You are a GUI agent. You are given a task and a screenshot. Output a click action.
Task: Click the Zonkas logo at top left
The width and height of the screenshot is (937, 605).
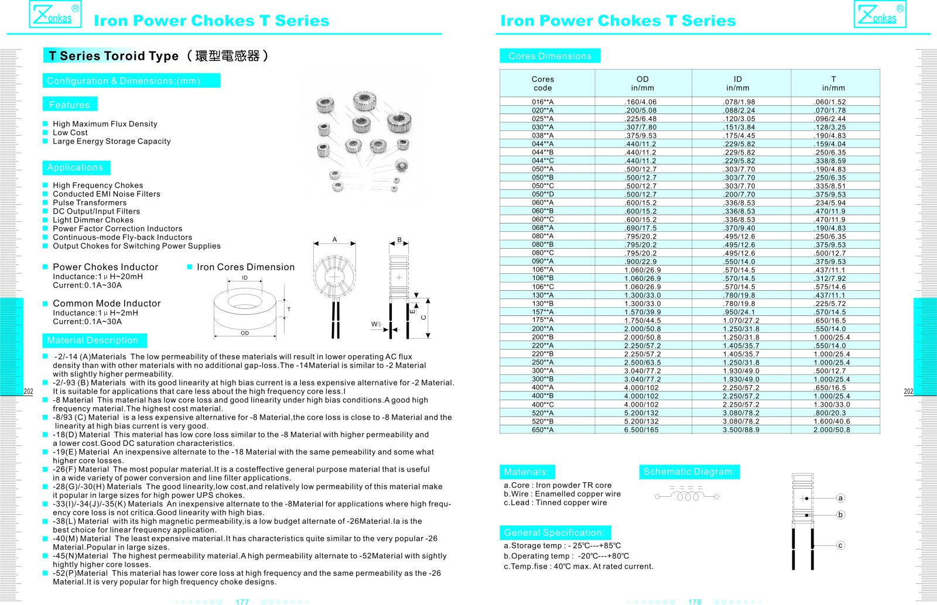click(55, 15)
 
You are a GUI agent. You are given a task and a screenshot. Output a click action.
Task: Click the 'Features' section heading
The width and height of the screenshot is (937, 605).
click(70, 105)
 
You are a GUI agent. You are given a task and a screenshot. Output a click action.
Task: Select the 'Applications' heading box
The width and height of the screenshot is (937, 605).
click(75, 167)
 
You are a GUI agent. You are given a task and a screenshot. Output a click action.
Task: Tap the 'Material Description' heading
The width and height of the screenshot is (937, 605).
click(93, 341)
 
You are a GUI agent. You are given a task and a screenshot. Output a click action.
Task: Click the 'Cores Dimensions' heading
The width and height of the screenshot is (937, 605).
click(550, 56)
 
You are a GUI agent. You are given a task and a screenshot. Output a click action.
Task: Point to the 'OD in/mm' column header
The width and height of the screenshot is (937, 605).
click(642, 83)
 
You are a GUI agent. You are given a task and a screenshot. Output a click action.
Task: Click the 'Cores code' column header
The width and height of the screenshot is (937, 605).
click(543, 83)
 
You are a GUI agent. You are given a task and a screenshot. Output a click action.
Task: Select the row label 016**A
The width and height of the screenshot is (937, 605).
click(543, 102)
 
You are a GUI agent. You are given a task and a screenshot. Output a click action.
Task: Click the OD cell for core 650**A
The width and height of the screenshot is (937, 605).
click(641, 429)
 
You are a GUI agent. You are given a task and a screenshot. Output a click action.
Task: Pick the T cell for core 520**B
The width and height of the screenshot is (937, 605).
click(832, 421)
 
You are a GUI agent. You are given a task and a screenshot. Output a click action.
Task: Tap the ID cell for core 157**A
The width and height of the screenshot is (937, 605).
click(739, 312)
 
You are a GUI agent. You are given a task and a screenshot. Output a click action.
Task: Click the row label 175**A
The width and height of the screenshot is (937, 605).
click(543, 320)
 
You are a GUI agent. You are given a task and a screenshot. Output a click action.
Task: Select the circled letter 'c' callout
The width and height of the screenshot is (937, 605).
click(840, 545)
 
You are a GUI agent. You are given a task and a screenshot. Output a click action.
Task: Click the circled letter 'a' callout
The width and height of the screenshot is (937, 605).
click(840, 499)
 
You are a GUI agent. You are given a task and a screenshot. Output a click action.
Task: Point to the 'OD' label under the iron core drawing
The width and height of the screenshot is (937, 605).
click(245, 334)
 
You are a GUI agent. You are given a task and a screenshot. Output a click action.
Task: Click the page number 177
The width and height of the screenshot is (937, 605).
click(242, 601)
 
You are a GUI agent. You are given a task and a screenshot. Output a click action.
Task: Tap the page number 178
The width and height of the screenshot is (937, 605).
click(695, 601)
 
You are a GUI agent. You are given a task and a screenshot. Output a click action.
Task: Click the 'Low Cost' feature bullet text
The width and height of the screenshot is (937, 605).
click(70, 133)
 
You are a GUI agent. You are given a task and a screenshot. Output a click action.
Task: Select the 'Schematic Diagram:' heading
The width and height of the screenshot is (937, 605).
click(689, 472)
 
